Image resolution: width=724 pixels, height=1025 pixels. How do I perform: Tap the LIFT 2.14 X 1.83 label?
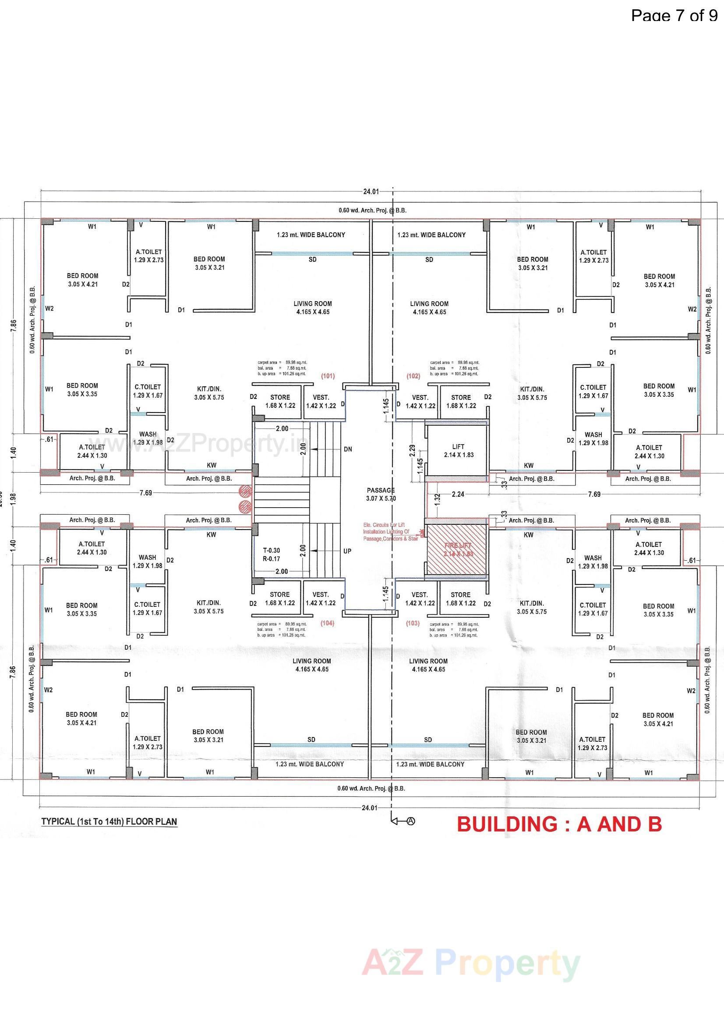pos(459,450)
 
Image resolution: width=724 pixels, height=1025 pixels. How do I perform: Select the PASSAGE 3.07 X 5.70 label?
pos(381,494)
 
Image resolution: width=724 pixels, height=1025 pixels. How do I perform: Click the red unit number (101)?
pos(328,376)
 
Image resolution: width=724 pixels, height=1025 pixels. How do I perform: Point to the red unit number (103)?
pos(413,623)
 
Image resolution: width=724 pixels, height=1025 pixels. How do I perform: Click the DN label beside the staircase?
pos(348,449)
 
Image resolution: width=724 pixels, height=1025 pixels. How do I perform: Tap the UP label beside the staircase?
pos(347,551)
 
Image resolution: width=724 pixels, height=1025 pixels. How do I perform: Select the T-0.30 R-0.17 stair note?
pos(271,555)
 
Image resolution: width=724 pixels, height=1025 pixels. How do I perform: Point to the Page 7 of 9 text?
pos(674,15)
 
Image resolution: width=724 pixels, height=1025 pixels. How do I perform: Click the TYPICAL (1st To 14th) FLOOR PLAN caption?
pos(109,822)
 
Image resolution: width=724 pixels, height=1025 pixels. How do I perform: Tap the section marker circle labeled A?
pos(411,821)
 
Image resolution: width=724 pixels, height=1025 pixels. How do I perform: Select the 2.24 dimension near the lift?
pos(458,494)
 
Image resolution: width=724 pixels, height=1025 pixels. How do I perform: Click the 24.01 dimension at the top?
pos(370,192)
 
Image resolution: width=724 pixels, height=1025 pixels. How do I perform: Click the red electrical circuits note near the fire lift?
pos(390,532)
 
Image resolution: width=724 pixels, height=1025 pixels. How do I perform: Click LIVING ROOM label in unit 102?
pos(429,308)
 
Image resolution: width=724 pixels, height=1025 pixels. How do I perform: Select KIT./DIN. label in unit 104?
pos(209,607)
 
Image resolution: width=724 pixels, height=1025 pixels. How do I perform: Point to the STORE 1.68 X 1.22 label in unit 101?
pos(280,401)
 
